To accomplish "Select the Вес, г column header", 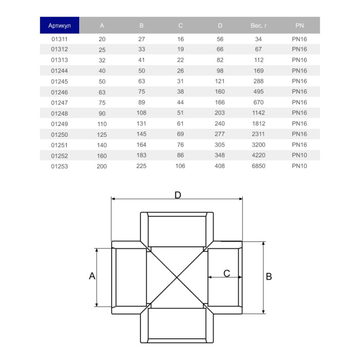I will (x=258, y=26).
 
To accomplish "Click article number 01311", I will (x=60, y=39).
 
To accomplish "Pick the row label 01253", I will (x=60, y=166).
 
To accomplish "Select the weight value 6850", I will (x=258, y=166).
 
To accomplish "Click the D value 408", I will (x=220, y=166).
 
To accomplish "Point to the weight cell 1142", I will (x=258, y=113).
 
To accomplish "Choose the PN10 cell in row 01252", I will (x=299, y=155).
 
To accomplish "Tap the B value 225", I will (x=141, y=166).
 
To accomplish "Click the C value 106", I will (x=180, y=166).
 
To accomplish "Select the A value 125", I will (x=102, y=134).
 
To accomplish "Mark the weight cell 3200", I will (x=258, y=145).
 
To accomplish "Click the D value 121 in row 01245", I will (x=220, y=81).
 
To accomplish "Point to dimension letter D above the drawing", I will (x=178, y=195).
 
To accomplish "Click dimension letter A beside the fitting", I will (x=92, y=276).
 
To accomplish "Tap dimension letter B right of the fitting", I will (x=268, y=277).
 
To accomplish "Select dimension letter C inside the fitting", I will (x=226, y=273).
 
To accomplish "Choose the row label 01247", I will (x=60, y=102).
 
